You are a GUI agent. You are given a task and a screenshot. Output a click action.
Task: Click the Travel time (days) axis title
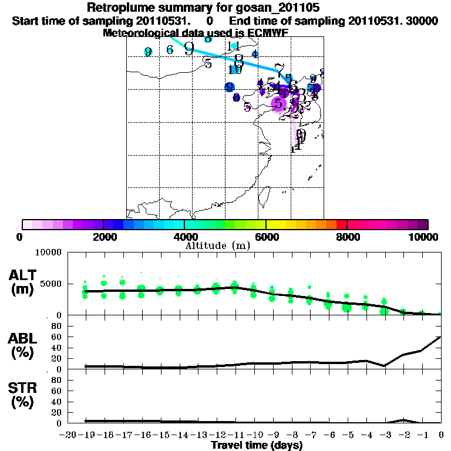257,446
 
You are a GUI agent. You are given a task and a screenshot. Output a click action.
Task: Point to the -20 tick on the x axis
68,435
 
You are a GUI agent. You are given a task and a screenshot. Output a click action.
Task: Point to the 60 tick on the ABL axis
56,336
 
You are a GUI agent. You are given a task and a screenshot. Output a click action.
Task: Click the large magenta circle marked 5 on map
278,104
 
